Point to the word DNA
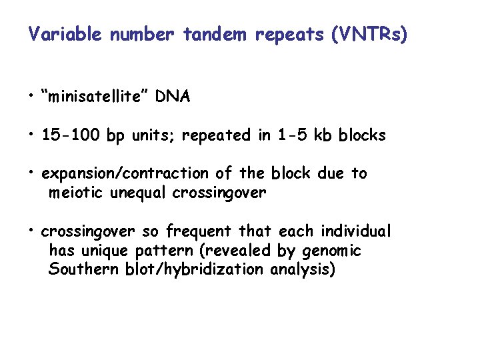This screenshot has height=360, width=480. click(173, 97)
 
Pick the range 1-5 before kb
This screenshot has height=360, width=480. click(294, 135)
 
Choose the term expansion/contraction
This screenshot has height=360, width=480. click(125, 174)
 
